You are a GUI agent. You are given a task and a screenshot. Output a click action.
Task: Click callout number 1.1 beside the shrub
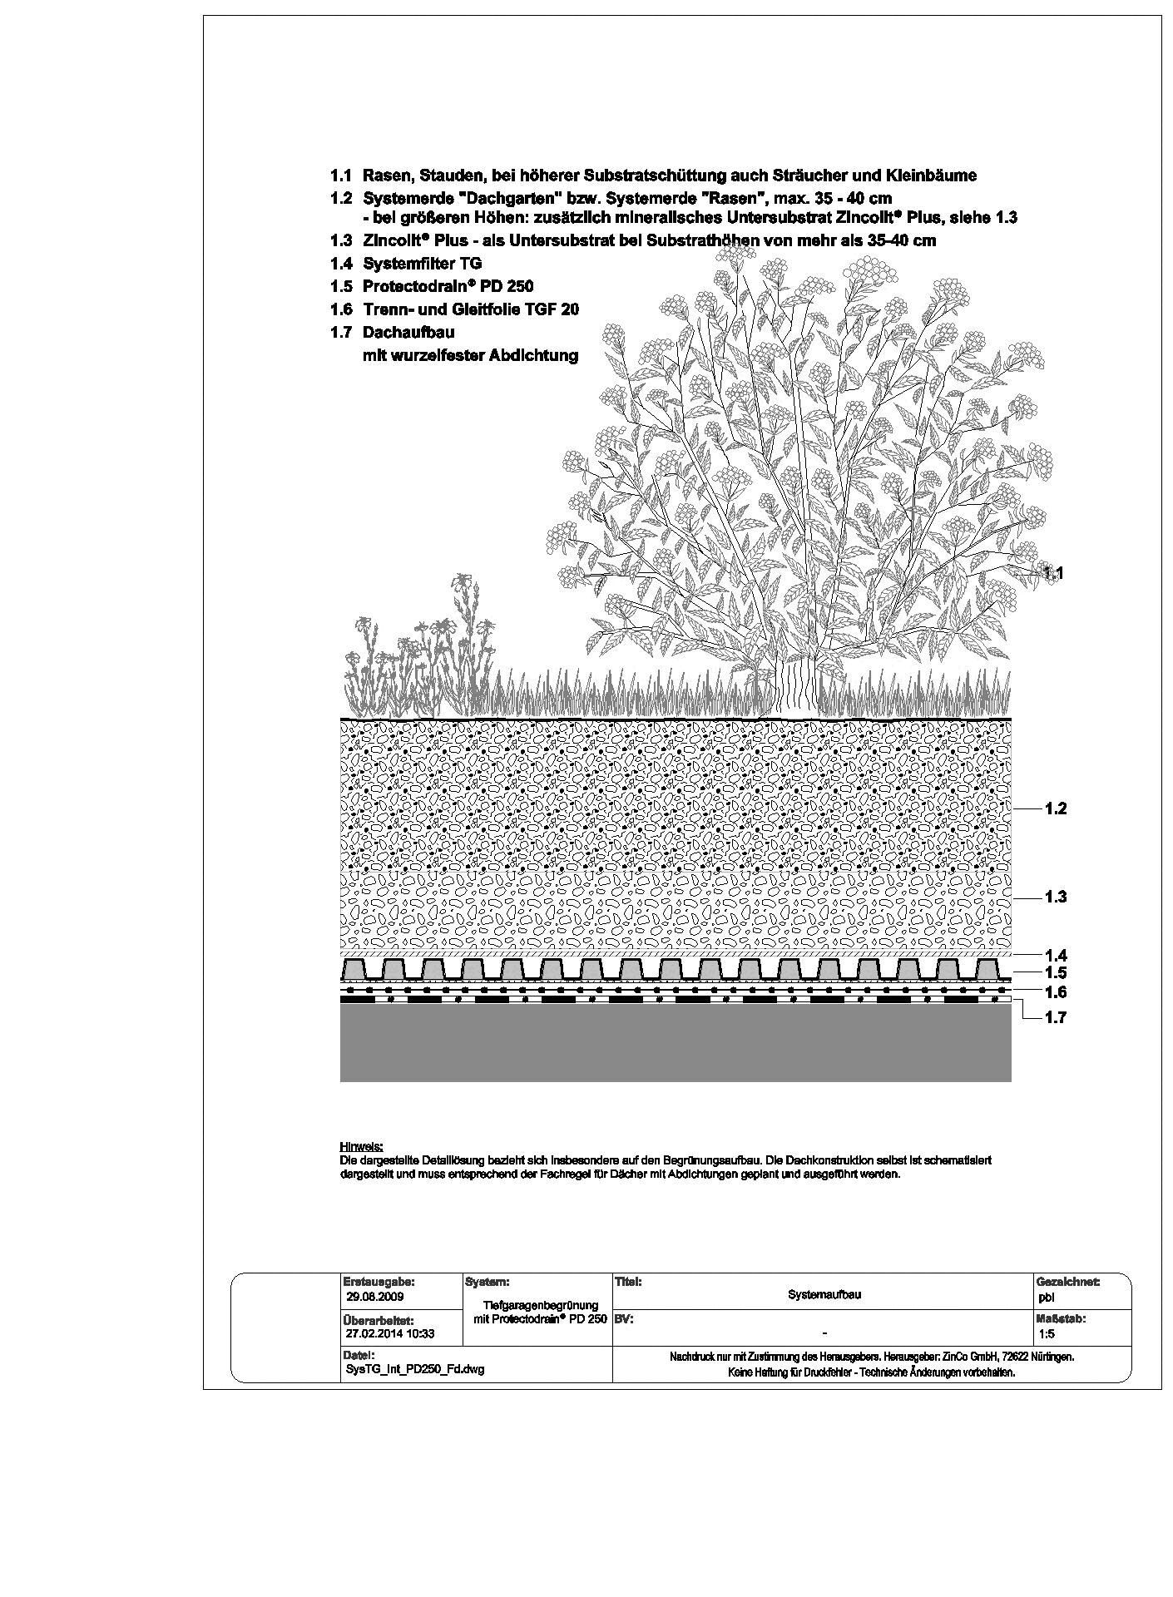coord(1054,573)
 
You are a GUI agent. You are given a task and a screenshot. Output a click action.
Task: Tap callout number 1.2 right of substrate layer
coord(1055,808)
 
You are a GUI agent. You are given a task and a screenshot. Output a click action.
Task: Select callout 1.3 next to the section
coord(1055,897)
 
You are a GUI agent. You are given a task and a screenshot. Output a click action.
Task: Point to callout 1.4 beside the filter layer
coord(1055,956)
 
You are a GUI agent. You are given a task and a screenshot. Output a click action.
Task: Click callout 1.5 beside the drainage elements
coord(1055,972)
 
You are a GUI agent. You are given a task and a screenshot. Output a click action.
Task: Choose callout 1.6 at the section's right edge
coord(1055,992)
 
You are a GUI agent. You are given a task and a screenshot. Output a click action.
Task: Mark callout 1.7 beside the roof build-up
coord(1055,1017)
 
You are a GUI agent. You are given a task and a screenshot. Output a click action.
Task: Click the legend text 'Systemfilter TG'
coord(422,264)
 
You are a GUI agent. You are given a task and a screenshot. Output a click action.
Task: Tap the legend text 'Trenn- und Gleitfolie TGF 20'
coord(470,309)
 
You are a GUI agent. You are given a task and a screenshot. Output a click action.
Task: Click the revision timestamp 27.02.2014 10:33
coord(389,1334)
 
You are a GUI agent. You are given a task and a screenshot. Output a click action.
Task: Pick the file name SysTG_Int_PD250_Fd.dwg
coord(413,1370)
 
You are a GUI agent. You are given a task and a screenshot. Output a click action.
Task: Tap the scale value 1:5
coord(1047,1334)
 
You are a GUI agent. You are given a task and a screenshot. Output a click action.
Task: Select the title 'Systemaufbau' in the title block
coord(824,1295)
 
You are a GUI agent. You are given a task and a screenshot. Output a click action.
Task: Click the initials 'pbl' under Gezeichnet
coord(1046,1297)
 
